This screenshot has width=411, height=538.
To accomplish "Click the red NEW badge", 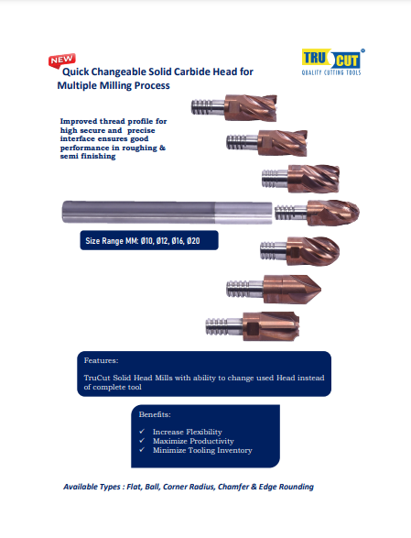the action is pyautogui.click(x=62, y=60).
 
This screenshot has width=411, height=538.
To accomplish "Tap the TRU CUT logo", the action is pyautogui.click(x=331, y=61).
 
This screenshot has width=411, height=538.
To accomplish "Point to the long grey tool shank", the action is pyautogui.click(x=167, y=213).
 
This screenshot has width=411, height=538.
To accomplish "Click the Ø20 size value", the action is pyautogui.click(x=194, y=241).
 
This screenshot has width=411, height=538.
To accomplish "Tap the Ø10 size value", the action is pyautogui.click(x=146, y=241).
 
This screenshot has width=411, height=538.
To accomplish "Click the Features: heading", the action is pyautogui.click(x=101, y=360).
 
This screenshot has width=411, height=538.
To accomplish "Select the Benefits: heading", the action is pyautogui.click(x=155, y=414).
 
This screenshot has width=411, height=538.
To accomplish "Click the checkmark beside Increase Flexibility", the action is pyautogui.click(x=142, y=432).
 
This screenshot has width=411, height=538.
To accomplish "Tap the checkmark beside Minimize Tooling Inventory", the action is pyautogui.click(x=142, y=449).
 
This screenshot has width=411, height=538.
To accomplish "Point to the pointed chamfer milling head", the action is pyautogui.click(x=274, y=290).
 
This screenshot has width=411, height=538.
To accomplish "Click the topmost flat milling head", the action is pyautogui.click(x=233, y=107).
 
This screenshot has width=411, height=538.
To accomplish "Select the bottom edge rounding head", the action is pyautogui.click(x=253, y=326).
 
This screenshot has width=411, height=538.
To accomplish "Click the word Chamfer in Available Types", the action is pyautogui.click(x=234, y=487).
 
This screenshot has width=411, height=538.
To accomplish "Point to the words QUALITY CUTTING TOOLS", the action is pyautogui.click(x=331, y=72).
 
